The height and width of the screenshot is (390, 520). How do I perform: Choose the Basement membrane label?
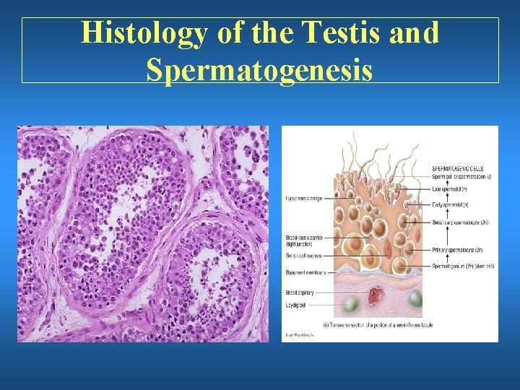point(304,272)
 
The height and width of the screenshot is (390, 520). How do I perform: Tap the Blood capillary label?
point(299,292)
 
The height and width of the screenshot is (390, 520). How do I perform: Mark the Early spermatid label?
point(451,207)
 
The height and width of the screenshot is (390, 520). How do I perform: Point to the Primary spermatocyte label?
point(458,250)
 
